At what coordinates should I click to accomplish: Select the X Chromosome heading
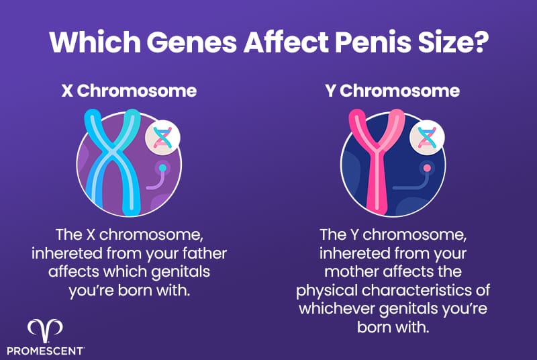(129, 91)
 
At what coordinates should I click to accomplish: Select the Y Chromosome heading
(392, 91)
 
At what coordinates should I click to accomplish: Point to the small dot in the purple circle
(162, 167)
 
